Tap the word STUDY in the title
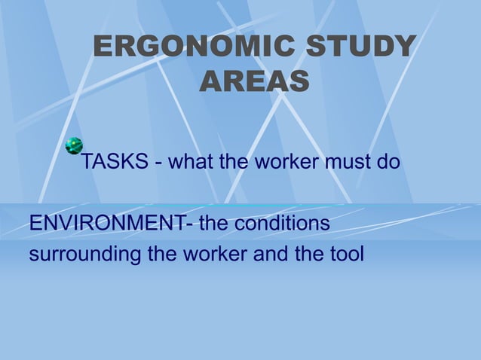click(x=360, y=47)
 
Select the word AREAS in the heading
click(x=254, y=81)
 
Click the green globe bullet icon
click(x=74, y=146)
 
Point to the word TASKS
click(x=114, y=162)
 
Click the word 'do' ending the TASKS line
click(x=387, y=162)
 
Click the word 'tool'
click(x=345, y=255)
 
